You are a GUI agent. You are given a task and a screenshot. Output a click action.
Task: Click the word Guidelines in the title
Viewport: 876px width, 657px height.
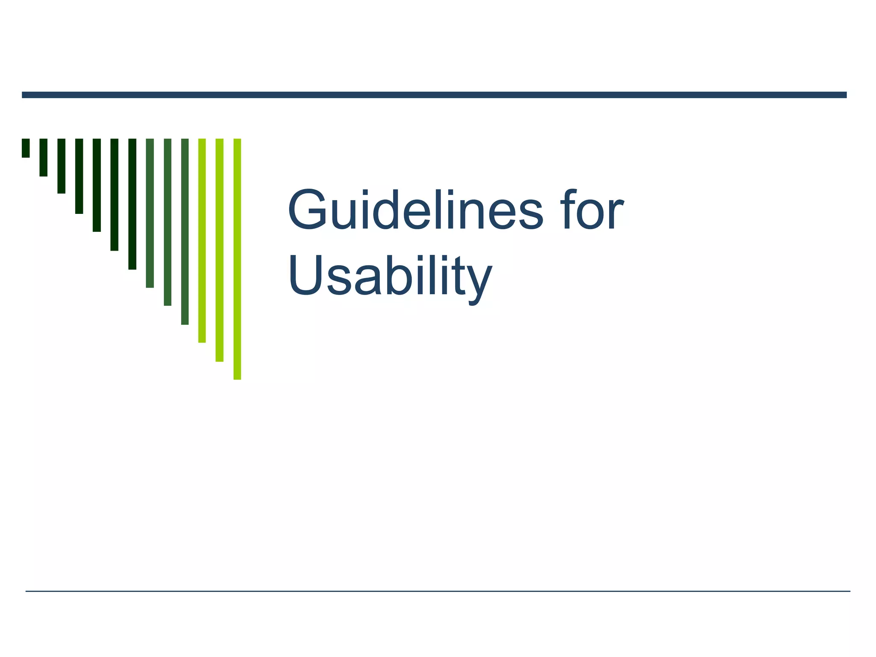click(x=415, y=210)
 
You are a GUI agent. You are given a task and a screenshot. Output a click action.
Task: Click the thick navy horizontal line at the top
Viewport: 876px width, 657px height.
click(x=434, y=95)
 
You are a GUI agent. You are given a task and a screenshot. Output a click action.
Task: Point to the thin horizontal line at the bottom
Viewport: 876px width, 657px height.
click(x=438, y=591)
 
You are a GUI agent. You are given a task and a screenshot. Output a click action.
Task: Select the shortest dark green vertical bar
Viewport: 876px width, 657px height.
click(x=26, y=148)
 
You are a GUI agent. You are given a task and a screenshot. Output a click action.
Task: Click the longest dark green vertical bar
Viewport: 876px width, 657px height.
click(x=132, y=204)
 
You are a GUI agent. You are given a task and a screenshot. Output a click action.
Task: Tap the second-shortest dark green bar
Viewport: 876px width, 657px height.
click(x=43, y=157)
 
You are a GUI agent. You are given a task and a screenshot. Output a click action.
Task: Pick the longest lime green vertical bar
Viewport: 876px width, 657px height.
click(x=237, y=259)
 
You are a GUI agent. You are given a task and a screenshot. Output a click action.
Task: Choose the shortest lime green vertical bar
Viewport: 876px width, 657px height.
click(x=202, y=240)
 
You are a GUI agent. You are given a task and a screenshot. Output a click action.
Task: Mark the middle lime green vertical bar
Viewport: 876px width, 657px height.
click(x=219, y=250)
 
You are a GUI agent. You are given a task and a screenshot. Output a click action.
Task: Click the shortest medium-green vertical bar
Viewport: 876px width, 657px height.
click(x=150, y=213)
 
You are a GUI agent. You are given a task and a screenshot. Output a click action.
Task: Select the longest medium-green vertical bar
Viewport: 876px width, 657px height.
click(x=185, y=231)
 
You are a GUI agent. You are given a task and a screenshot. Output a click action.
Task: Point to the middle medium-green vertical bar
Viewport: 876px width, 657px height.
click(x=167, y=222)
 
